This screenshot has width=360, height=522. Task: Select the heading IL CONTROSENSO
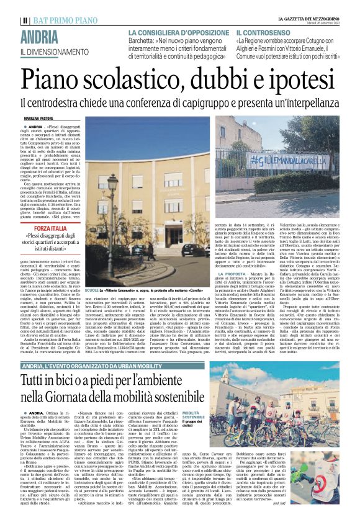[x=261, y=32]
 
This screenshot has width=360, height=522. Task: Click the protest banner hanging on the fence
[x=288, y=161]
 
